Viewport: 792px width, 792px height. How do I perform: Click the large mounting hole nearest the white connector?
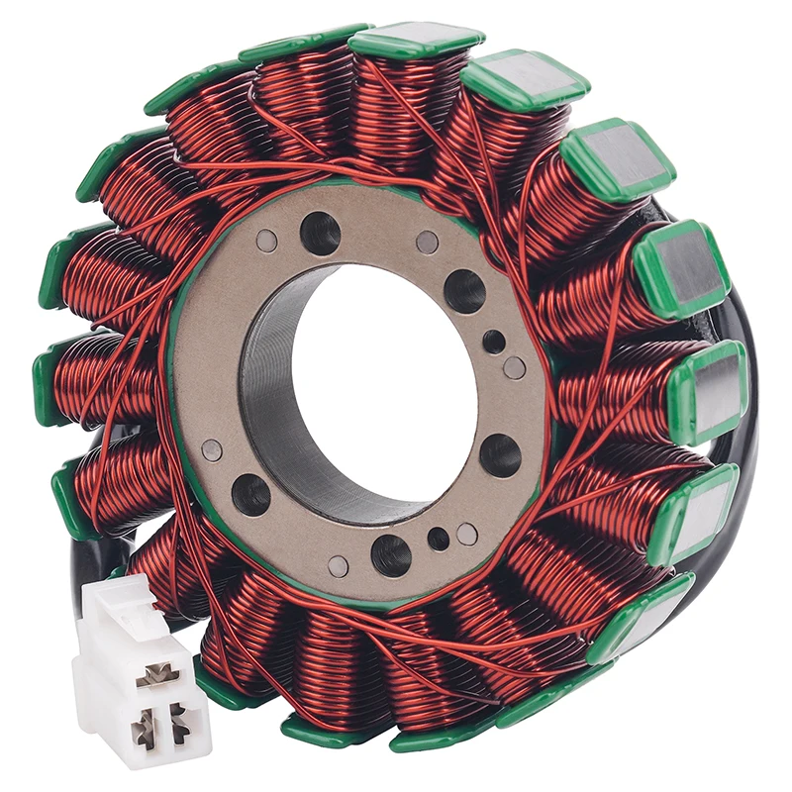click(250, 494)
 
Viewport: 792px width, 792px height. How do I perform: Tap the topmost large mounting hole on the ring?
click(320, 234)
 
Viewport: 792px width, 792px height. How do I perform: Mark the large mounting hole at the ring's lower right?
click(500, 455)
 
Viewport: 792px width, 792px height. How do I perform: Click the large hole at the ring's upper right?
click(464, 290)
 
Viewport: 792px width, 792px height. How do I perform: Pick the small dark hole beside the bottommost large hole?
click(438, 540)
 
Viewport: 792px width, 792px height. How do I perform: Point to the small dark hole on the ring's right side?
click(494, 343)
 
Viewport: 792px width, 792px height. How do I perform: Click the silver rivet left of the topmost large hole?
click(266, 240)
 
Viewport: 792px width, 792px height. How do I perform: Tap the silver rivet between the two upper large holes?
click(427, 243)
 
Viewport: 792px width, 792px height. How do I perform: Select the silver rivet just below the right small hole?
click(514, 367)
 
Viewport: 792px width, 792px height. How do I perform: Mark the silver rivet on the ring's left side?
click(212, 449)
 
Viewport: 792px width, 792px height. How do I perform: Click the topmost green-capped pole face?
click(416, 40)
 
